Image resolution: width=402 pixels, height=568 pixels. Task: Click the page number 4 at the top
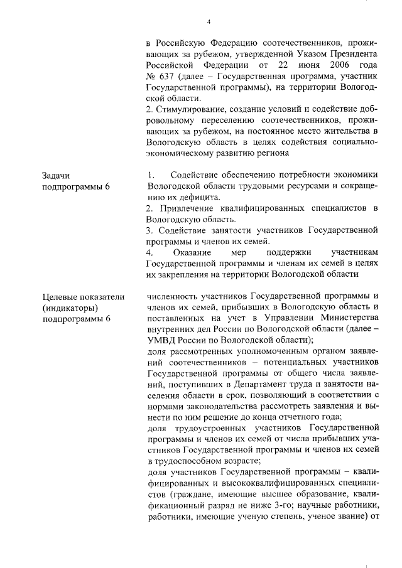pyautogui.click(x=208, y=23)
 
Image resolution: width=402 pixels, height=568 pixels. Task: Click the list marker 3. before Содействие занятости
pyautogui.click(x=148, y=231)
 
